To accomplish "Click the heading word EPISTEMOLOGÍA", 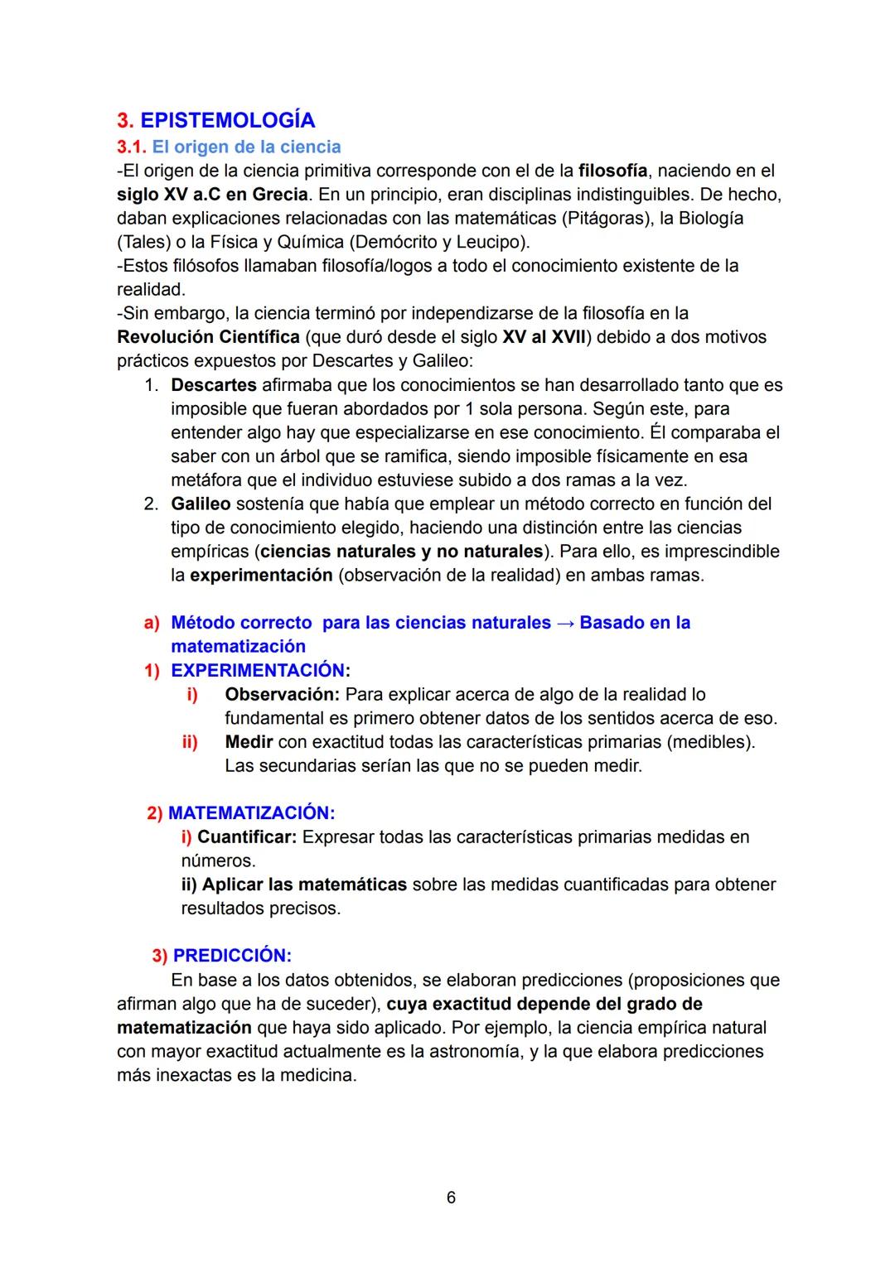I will click(x=227, y=121).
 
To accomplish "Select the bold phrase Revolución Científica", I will click(x=208, y=338).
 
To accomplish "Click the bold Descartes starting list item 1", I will click(x=213, y=386).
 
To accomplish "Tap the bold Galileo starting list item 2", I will click(x=201, y=504).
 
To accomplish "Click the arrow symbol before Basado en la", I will click(x=565, y=623).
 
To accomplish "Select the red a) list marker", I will click(x=152, y=623).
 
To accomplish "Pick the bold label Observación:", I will click(x=282, y=695).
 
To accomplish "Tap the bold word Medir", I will click(x=249, y=742).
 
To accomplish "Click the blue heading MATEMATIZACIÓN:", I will click(x=251, y=813).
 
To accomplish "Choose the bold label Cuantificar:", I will click(x=246, y=837).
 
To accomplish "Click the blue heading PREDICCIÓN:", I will click(x=232, y=956).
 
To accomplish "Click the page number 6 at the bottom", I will click(x=451, y=1198).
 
